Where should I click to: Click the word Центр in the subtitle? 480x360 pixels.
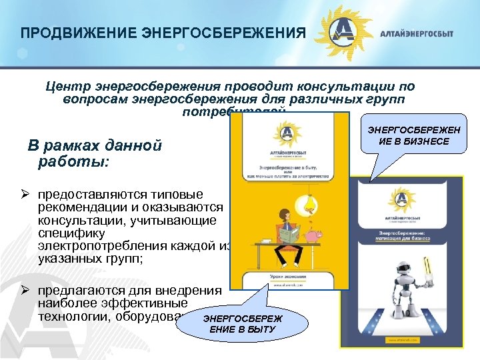tap(68, 87)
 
